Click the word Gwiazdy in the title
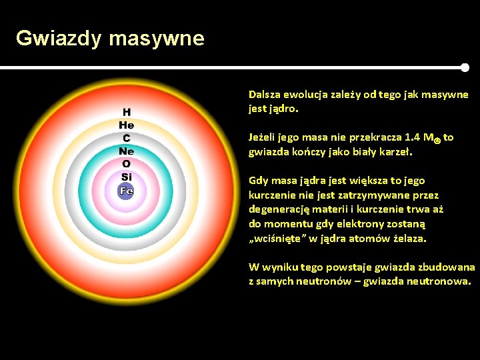point(59,39)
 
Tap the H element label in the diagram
point(127,112)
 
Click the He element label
point(127,125)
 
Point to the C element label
point(127,138)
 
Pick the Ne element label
point(127,151)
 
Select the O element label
point(127,163)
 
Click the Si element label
point(127,177)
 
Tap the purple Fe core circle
point(126,191)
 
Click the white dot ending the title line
point(465,67)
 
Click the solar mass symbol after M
point(437,139)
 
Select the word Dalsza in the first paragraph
point(265,95)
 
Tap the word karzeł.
point(398,151)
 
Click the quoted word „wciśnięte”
point(279,238)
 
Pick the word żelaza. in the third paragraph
point(410,238)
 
